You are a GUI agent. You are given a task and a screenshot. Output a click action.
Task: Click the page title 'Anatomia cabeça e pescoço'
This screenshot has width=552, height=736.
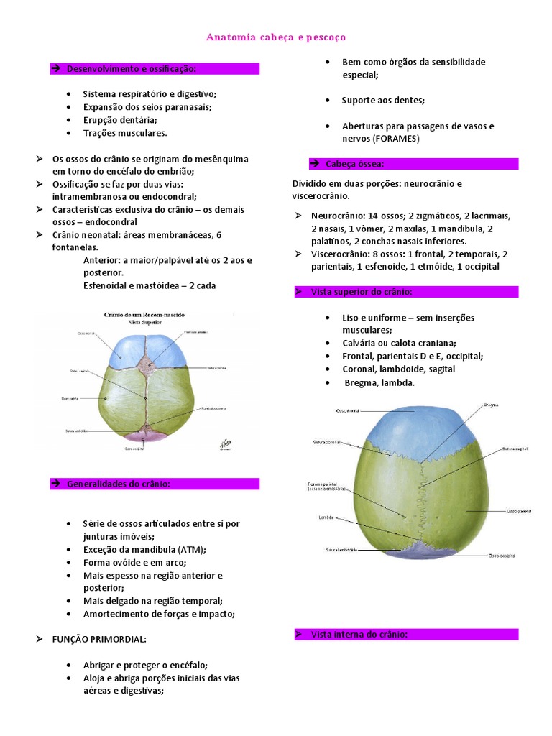276,37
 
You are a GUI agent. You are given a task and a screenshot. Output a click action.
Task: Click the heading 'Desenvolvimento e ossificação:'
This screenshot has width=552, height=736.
131,69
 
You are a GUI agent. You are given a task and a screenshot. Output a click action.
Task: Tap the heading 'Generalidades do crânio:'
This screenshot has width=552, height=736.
118,484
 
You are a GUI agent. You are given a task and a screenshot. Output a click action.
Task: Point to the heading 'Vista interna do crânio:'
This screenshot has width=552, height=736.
359,635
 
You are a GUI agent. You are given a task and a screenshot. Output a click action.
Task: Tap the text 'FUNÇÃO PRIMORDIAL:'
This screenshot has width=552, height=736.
99,639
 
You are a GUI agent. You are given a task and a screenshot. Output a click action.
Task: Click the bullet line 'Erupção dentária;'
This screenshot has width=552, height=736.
120,120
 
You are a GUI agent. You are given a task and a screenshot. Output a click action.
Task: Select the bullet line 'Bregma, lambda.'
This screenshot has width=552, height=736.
379,382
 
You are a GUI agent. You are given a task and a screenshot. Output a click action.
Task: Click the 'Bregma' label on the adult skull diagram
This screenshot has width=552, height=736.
491,405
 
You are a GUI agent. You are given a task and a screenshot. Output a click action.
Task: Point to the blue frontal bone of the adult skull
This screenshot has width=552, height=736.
413,428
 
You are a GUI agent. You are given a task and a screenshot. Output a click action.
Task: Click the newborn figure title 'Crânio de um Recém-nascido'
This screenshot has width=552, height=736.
145,314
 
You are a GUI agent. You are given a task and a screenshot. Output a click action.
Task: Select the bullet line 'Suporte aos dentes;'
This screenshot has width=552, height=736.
383,100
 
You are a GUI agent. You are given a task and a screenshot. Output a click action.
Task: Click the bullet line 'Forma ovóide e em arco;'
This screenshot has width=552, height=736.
129,563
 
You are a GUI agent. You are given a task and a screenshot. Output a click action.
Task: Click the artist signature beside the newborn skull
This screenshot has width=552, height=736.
224,446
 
